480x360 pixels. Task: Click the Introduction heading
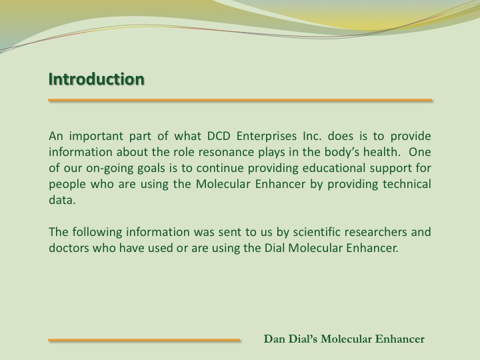(x=97, y=79)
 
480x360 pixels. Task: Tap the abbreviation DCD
(x=219, y=136)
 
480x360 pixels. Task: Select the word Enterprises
(x=266, y=137)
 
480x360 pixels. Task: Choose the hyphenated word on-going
(x=109, y=169)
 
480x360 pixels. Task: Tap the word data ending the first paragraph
(x=62, y=200)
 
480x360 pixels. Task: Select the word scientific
(x=317, y=232)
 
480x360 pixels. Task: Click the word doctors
(x=69, y=247)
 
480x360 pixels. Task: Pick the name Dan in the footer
(x=273, y=339)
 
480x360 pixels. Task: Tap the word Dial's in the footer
(x=301, y=339)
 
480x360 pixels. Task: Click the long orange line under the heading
(x=240, y=100)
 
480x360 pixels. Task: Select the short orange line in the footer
(x=144, y=340)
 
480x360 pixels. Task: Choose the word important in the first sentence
(x=96, y=137)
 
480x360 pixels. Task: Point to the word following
(x=97, y=233)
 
